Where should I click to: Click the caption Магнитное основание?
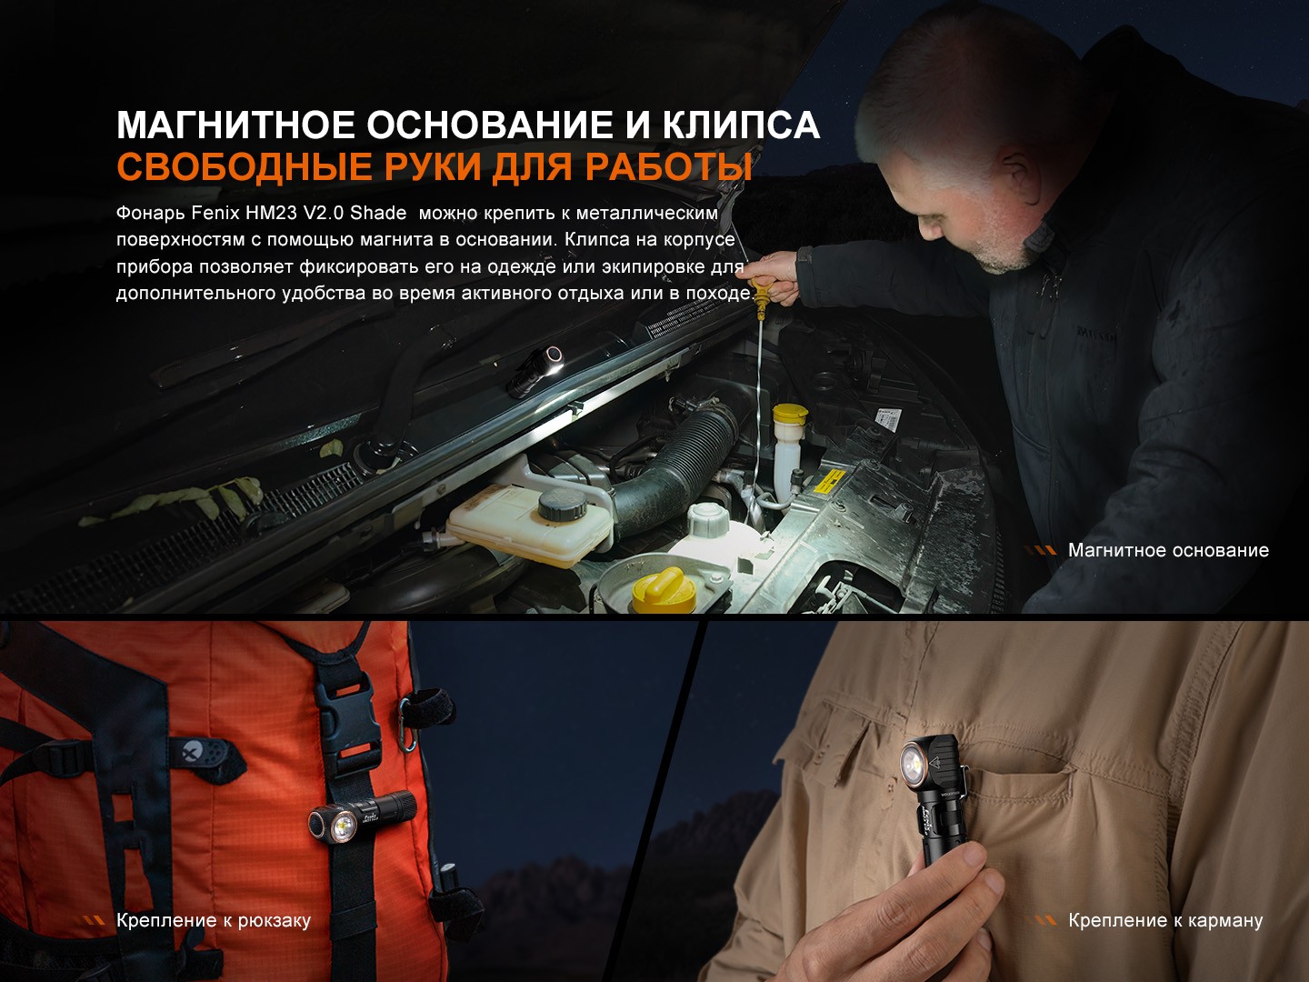coord(1168,550)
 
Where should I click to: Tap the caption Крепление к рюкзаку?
coord(214,920)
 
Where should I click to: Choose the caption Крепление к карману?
coord(1164,920)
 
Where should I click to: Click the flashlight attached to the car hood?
coord(535,371)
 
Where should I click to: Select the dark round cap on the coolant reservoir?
coord(562,505)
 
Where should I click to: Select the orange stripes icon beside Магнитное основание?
coord(1041,550)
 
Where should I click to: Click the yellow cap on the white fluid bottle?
coord(790,413)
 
